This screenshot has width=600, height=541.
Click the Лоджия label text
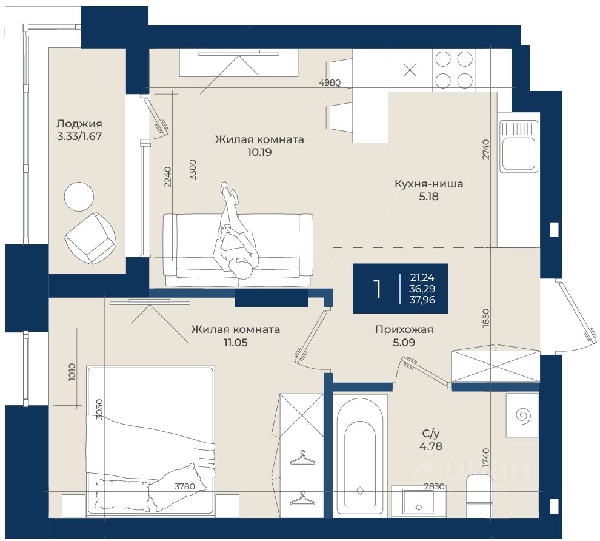tap(79, 124)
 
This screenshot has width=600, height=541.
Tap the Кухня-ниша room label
tap(428, 184)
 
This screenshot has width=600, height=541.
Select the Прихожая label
tap(404, 329)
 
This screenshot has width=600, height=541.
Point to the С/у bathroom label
tap(431, 434)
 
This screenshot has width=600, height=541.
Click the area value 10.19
tap(259, 152)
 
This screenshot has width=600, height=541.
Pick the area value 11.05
tap(236, 343)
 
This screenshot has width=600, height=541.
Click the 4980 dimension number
tap(330, 82)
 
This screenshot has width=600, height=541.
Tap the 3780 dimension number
tap(185, 486)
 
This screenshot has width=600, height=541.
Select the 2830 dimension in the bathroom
tap(435, 486)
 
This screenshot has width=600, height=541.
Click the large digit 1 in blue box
tap(378, 289)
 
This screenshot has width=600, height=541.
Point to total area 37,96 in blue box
tap(422, 300)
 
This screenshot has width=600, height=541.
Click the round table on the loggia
tap(79, 197)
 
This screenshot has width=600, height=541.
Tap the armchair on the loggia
tap(90, 237)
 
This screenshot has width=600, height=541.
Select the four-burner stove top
tap(454, 70)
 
